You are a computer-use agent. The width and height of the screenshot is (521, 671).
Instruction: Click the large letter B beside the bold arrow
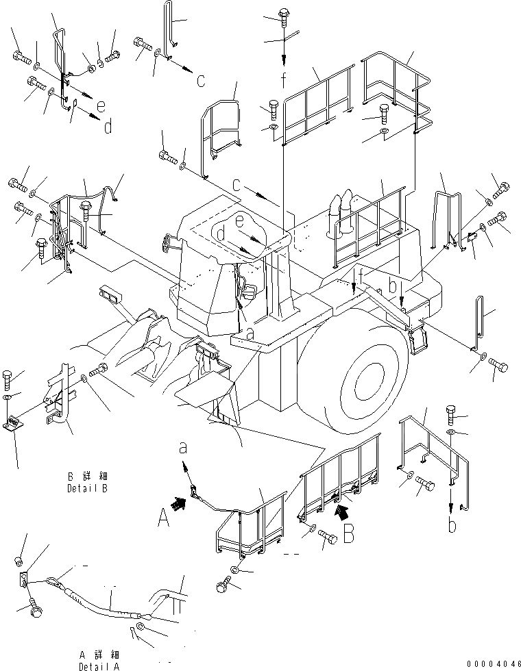coord(349,531)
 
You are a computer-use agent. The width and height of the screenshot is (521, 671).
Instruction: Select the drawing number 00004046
coord(492,663)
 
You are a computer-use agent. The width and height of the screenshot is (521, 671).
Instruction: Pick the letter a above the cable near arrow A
coord(182,448)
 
